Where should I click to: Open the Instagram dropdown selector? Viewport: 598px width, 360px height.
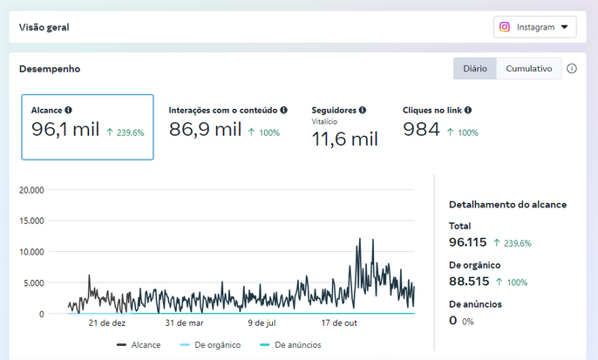pyautogui.click(x=534, y=27)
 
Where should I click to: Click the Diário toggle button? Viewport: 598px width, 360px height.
pyautogui.click(x=475, y=69)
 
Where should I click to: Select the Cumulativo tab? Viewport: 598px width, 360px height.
pyautogui.click(x=529, y=69)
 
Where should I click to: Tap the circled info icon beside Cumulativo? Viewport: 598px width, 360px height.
pyautogui.click(x=571, y=69)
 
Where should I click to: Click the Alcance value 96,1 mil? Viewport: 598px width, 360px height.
pyautogui.click(x=65, y=129)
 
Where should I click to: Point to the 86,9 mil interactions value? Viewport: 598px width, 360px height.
pyautogui.click(x=205, y=129)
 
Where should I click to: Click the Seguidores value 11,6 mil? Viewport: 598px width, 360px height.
pyautogui.click(x=345, y=139)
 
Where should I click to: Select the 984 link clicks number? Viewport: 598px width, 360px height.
pyautogui.click(x=421, y=129)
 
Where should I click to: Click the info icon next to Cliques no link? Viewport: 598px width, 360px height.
pyautogui.click(x=468, y=110)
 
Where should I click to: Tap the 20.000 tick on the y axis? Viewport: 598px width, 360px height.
pyautogui.click(x=31, y=190)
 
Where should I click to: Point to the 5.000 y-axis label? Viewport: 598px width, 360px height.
pyautogui.click(x=34, y=283)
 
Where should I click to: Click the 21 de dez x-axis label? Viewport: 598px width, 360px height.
pyautogui.click(x=107, y=323)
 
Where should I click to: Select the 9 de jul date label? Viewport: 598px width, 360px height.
pyautogui.click(x=262, y=323)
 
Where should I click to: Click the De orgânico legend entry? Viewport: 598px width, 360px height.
pyautogui.click(x=211, y=345)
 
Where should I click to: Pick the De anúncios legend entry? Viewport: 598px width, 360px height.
pyautogui.click(x=290, y=345)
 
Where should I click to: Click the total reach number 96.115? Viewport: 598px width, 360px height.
pyautogui.click(x=467, y=242)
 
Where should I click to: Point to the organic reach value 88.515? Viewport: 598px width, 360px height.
pyautogui.click(x=469, y=282)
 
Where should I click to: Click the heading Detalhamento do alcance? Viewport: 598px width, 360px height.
pyautogui.click(x=507, y=204)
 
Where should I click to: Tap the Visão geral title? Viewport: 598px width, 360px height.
pyautogui.click(x=44, y=28)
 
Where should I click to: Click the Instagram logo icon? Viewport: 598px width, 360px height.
pyautogui.click(x=505, y=27)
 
